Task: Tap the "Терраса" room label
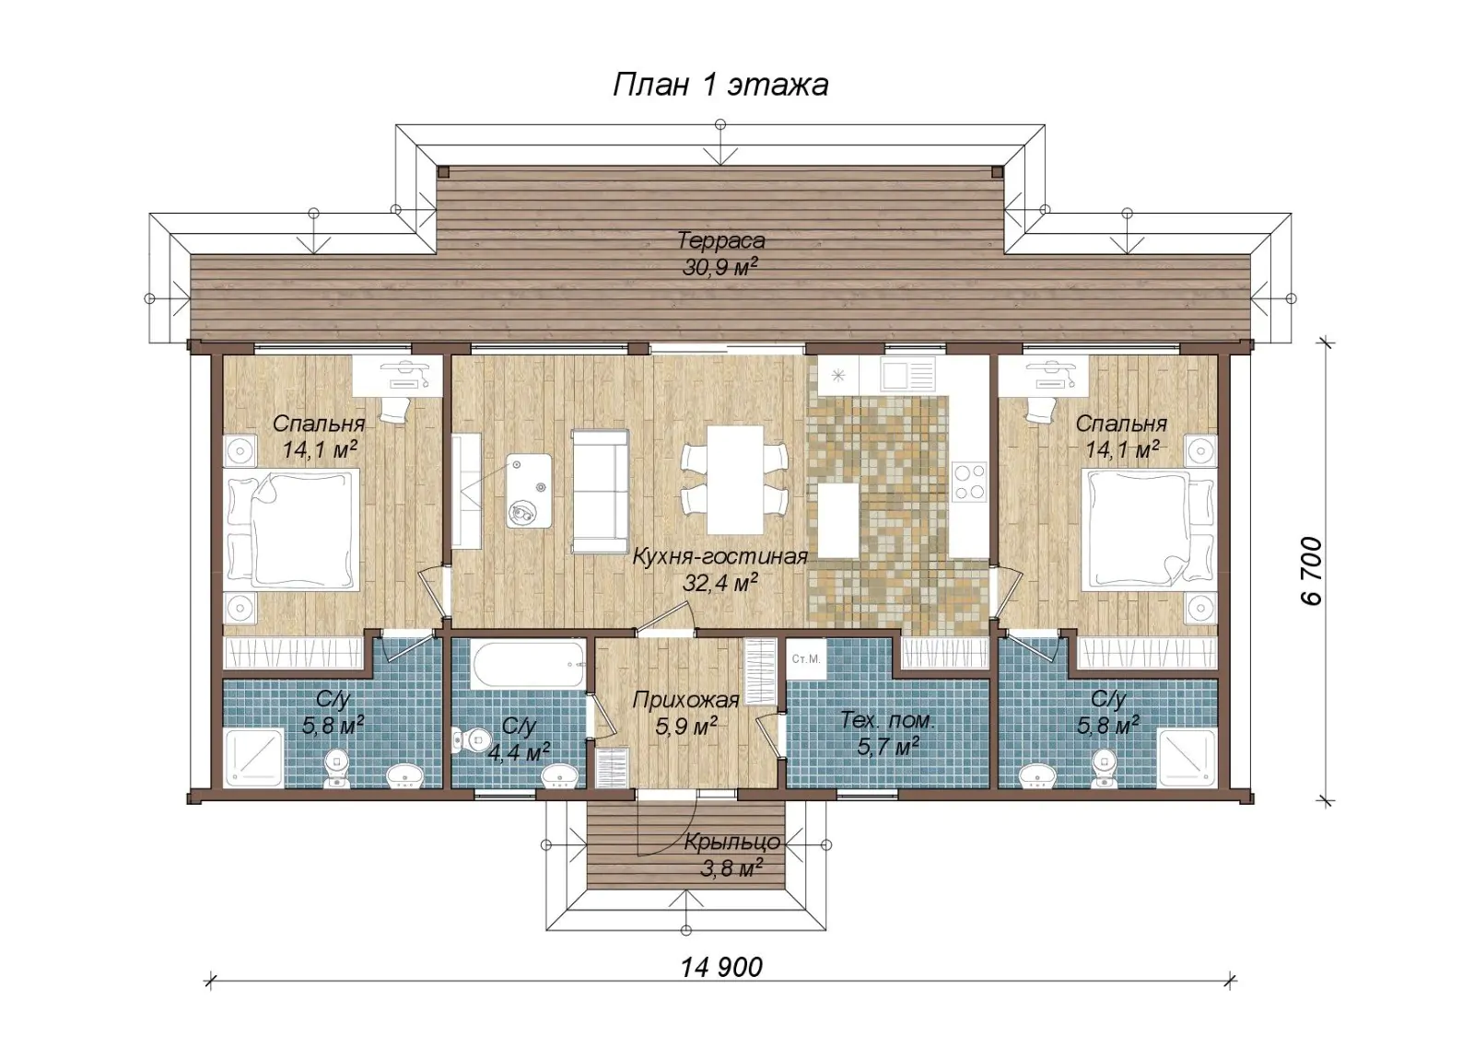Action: coord(721,240)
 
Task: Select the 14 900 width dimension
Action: coord(721,968)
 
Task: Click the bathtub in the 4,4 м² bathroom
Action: coord(528,664)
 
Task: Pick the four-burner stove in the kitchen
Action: coord(970,482)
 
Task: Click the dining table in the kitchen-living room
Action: coord(735,480)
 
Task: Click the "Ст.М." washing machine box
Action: coord(805,659)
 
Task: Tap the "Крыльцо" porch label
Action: coord(732,842)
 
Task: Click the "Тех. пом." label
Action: coord(888,720)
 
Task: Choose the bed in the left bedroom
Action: coord(293,529)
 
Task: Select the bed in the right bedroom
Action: coord(1149,529)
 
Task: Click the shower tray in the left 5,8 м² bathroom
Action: coord(255,758)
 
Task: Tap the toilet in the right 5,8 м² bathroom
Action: coord(1104,769)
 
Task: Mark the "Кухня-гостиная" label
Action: coord(719,556)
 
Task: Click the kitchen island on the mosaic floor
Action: coord(838,520)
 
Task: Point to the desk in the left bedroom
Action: coord(397,377)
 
